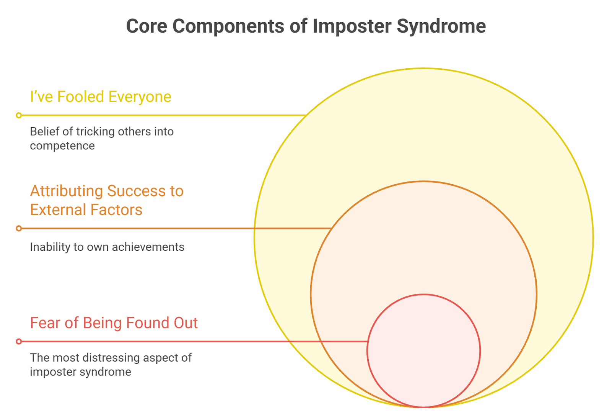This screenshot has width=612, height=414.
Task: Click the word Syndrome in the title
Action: pos(441,26)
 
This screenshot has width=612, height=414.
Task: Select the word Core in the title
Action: pos(146,26)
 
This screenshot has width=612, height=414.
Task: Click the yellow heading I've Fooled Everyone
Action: pos(101,97)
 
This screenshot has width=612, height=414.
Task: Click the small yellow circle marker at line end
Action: pos(19,115)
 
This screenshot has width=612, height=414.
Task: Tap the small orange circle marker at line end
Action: pos(19,229)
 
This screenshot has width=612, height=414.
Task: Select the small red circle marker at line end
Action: pos(19,341)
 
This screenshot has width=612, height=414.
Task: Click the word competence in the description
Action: pos(62,146)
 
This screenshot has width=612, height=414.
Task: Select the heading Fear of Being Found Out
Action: pos(114,323)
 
